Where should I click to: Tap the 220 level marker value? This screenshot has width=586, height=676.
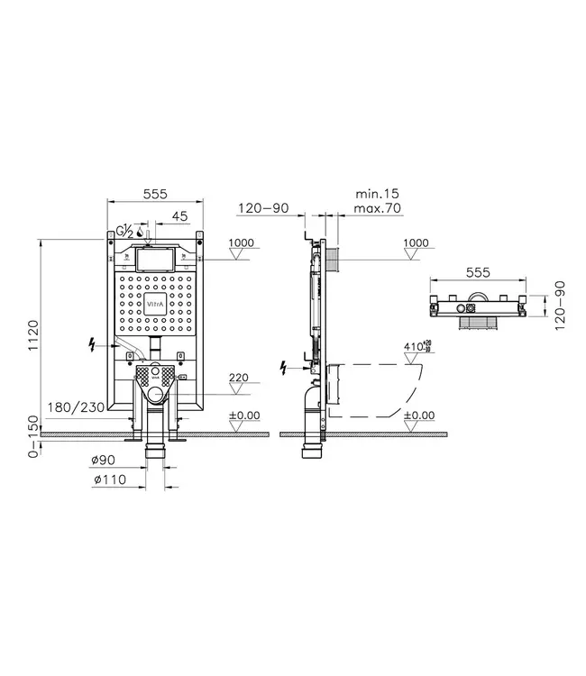(238, 379)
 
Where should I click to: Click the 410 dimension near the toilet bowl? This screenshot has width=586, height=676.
(414, 346)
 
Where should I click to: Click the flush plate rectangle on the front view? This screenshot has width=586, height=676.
(157, 260)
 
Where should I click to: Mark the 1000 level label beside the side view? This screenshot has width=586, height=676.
(416, 242)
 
